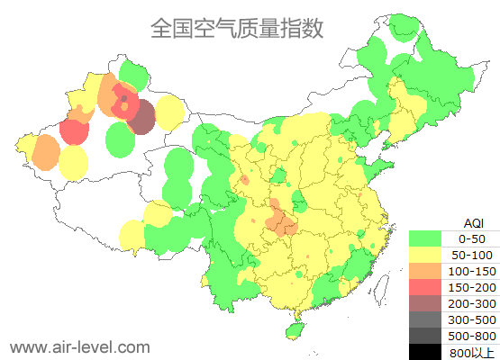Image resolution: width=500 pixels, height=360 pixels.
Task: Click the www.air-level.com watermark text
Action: tap(79, 346)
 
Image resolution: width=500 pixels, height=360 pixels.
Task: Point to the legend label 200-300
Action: tap(474, 303)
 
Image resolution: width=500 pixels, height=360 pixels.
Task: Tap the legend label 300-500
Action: tap(474, 319)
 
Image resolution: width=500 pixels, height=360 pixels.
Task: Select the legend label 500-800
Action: tap(474, 336)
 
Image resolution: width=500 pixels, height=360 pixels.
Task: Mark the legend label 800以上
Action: tap(474, 352)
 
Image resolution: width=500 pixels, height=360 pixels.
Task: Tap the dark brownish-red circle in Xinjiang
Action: tap(142, 119)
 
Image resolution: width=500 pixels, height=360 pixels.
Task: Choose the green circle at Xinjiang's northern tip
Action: tap(133, 72)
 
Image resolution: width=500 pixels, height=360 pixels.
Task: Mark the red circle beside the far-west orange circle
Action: tap(74, 131)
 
